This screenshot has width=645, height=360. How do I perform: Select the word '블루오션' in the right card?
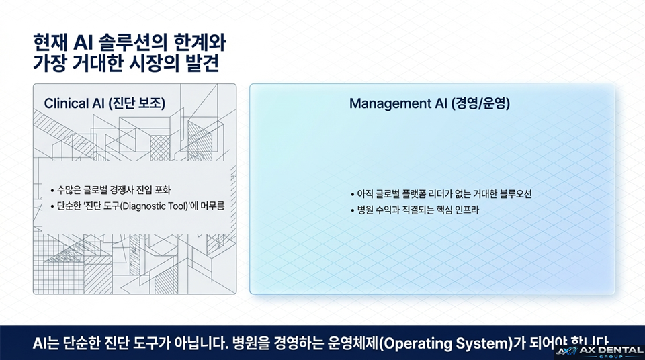pos(517,194)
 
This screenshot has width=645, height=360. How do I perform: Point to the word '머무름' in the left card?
pos(211,206)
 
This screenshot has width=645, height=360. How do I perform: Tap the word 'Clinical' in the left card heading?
pos(66,103)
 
